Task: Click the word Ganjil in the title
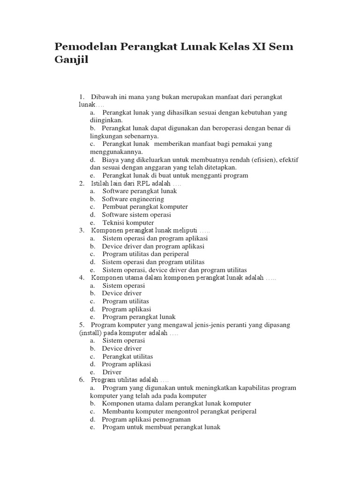pos(71,61)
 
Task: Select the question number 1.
pos(81,97)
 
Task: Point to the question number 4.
pos(81,277)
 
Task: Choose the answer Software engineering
pos(133,199)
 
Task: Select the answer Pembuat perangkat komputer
pos(145,207)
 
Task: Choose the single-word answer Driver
pos(112,372)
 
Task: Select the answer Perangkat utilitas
pos(127,356)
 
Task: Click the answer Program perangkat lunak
pos(139,317)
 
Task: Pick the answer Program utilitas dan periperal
pos(145,254)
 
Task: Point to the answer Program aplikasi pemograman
pos(146,420)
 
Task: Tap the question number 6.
pos(81,380)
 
